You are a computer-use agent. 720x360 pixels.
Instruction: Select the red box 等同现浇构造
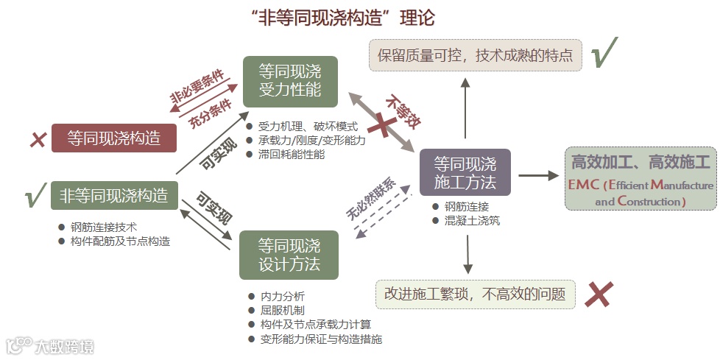(114, 138)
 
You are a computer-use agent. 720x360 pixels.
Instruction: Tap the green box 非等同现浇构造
(114, 196)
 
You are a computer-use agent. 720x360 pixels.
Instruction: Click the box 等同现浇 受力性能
(290, 81)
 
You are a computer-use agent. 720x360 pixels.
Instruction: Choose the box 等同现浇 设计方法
(289, 255)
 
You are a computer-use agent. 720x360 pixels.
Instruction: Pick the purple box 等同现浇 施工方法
(465, 172)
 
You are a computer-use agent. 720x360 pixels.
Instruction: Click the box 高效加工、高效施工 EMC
(640, 179)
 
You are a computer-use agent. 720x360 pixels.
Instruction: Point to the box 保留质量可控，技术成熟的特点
(476, 56)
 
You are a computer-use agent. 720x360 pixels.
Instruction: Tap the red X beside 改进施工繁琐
(599, 294)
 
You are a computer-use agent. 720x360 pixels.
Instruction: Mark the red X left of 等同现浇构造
(37, 138)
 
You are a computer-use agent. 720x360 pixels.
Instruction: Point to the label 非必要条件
(196, 87)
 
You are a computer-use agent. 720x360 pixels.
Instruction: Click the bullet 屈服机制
(282, 311)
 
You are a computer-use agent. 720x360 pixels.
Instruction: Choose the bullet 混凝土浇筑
(471, 220)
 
